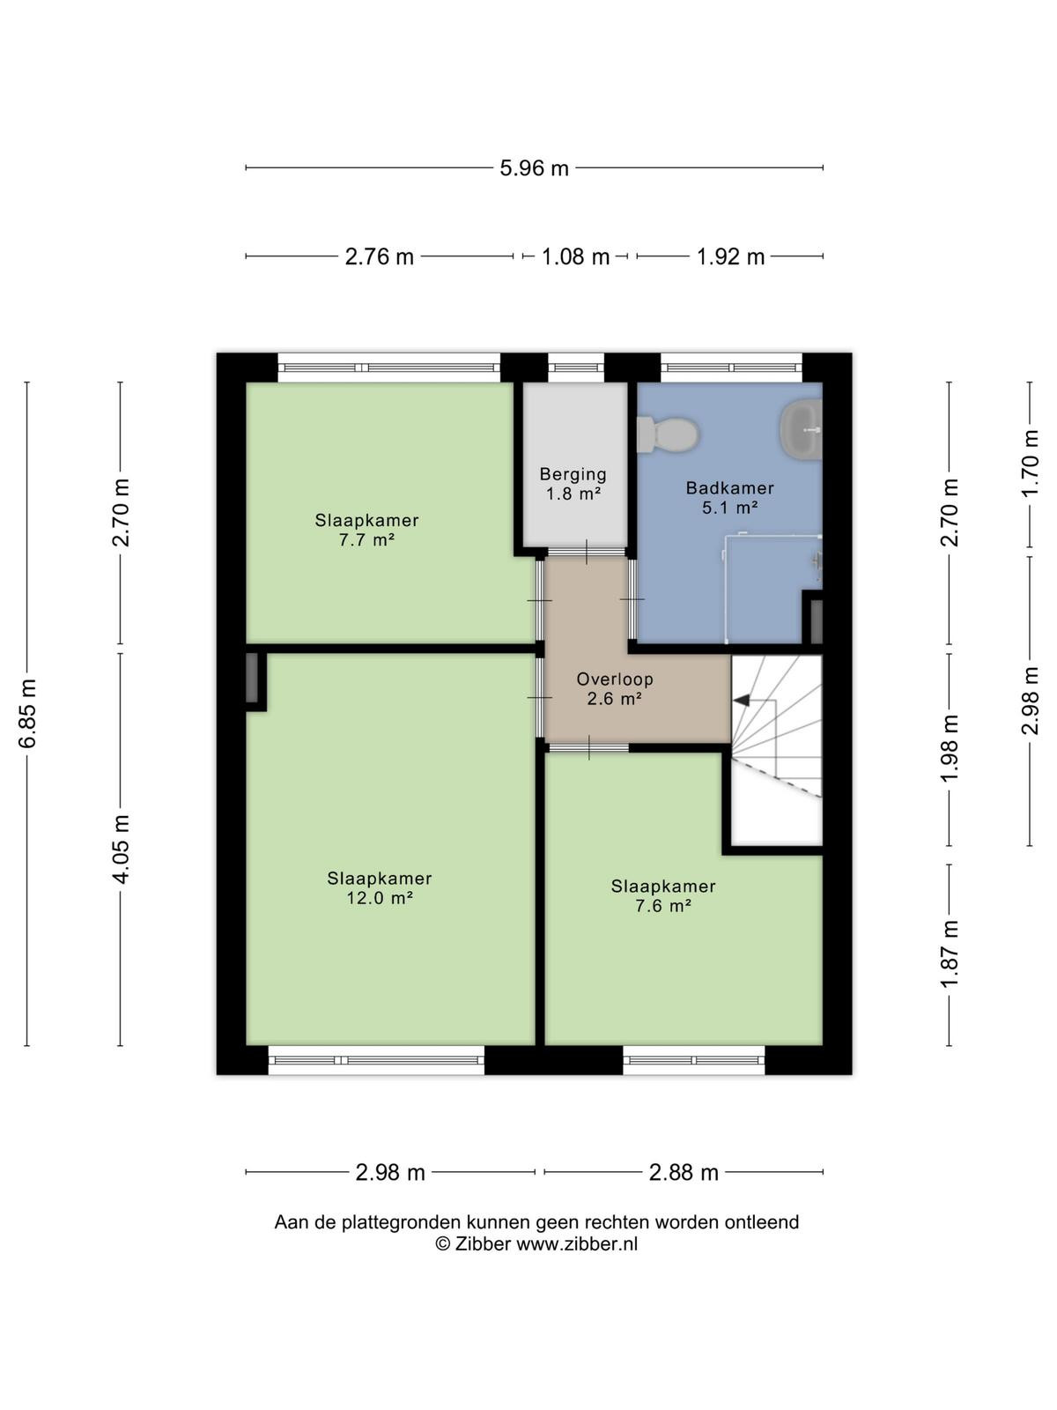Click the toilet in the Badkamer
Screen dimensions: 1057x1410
pyautogui.click(x=668, y=434)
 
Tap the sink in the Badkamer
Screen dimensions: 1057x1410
pyautogui.click(x=801, y=429)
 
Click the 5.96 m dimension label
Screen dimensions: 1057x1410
pyautogui.click(x=534, y=168)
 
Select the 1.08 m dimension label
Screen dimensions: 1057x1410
pyautogui.click(x=575, y=257)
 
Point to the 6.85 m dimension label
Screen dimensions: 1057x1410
pyautogui.click(x=27, y=713)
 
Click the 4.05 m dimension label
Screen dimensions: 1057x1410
pyautogui.click(x=121, y=850)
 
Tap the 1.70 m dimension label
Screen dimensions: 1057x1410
pyautogui.click(x=1030, y=463)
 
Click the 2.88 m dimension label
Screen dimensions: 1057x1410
pyautogui.click(x=684, y=1173)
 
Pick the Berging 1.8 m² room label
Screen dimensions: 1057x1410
pyautogui.click(x=573, y=484)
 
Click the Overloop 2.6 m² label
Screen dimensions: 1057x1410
pyautogui.click(x=614, y=688)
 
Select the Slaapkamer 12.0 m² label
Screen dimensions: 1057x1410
pyautogui.click(x=380, y=887)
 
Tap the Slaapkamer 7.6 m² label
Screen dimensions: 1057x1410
pyautogui.click(x=663, y=895)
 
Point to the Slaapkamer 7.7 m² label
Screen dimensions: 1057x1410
pyautogui.click(x=366, y=530)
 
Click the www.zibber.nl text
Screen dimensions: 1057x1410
pyautogui.click(x=577, y=1243)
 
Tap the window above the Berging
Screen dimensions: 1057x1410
pyautogui.click(x=576, y=368)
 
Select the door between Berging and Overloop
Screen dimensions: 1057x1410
pyautogui.click(x=586, y=552)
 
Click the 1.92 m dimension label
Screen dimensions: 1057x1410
pyautogui.click(x=730, y=257)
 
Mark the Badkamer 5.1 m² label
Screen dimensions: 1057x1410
pyautogui.click(x=729, y=498)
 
